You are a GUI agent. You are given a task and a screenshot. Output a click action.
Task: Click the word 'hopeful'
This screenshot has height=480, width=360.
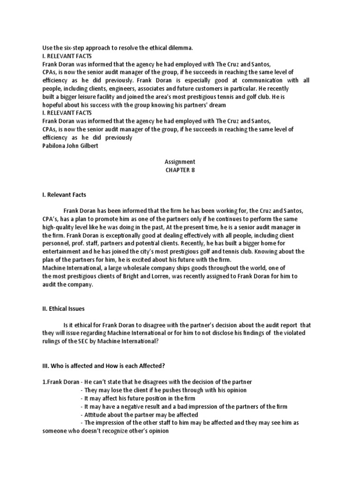(53, 105)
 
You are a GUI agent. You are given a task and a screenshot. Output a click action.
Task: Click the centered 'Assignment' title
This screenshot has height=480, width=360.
(180, 162)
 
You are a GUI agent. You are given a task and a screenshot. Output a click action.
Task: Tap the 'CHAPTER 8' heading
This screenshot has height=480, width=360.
(180, 170)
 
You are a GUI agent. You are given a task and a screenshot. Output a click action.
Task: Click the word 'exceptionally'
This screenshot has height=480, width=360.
(143, 235)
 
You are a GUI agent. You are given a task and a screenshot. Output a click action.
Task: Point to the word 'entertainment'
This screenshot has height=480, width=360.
(63, 252)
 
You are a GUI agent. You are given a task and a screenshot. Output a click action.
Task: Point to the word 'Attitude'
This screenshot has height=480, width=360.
(96, 414)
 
